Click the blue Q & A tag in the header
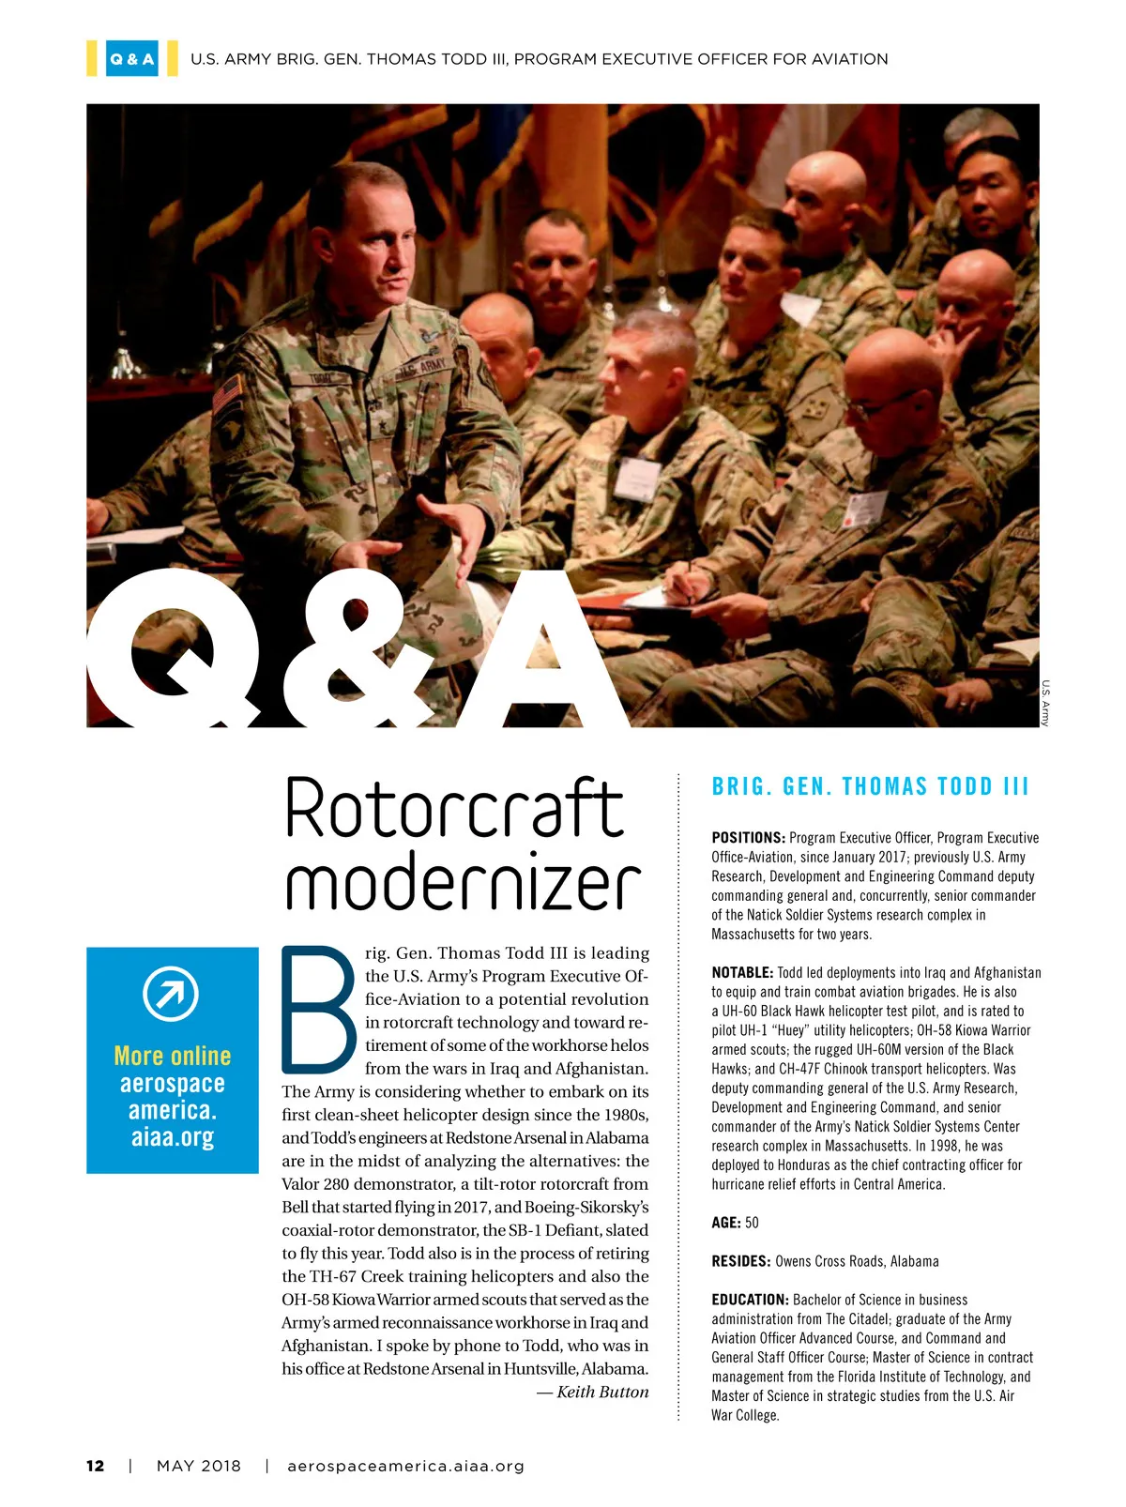tap(131, 59)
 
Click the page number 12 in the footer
tap(95, 1466)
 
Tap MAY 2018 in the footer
tap(199, 1466)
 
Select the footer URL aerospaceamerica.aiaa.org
tap(405, 1466)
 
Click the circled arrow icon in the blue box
tap(171, 994)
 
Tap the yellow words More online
tap(172, 1056)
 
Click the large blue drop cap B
tap(318, 1010)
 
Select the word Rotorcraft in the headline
tap(454, 809)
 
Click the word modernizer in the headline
tap(463, 884)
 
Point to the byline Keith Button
tap(601, 1392)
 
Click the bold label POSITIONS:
tap(748, 837)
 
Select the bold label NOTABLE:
tap(742, 972)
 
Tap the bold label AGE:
tap(726, 1223)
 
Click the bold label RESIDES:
tap(741, 1261)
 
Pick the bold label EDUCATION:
tap(750, 1300)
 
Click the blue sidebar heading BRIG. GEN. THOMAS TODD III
tap(870, 786)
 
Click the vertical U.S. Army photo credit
tap(1044, 702)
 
